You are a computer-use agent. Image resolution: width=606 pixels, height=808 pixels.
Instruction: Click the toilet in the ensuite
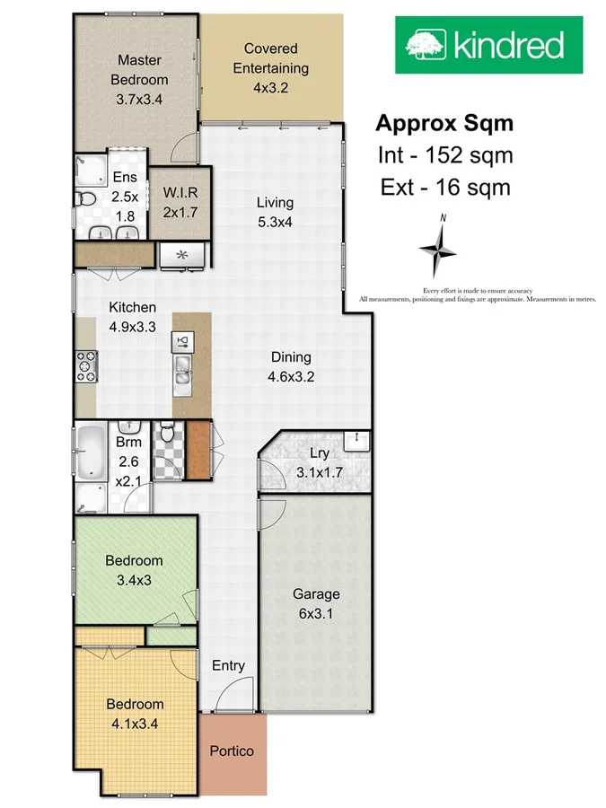(x=84, y=198)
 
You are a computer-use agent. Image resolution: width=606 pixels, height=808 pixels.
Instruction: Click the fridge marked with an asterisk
(x=184, y=255)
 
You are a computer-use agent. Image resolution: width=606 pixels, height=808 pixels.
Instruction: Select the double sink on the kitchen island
(x=183, y=370)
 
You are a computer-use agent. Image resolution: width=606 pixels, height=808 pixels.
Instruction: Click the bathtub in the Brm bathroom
(x=91, y=452)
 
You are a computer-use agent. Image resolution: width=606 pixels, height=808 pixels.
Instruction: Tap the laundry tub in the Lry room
(x=358, y=440)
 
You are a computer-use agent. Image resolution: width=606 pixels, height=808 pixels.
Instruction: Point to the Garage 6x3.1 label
(x=316, y=603)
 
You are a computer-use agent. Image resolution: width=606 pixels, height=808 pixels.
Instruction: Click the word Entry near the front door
(x=228, y=665)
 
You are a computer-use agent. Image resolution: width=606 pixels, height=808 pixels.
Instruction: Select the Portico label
(x=232, y=751)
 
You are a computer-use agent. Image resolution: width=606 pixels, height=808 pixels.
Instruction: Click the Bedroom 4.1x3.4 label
(x=135, y=713)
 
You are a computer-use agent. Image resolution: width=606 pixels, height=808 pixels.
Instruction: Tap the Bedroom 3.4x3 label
(x=134, y=569)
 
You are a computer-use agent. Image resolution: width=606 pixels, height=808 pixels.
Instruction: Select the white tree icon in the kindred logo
(x=426, y=44)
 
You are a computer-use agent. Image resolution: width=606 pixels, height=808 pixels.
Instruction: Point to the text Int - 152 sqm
(x=444, y=155)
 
